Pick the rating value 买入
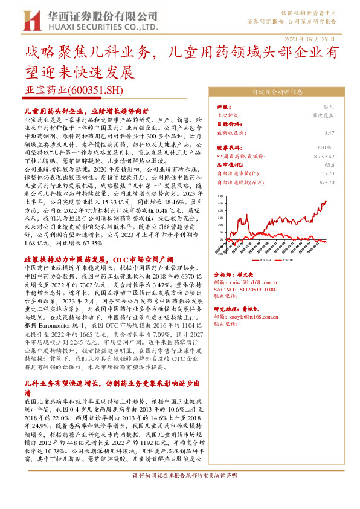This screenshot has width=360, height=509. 329,106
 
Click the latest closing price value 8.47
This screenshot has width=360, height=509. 329,132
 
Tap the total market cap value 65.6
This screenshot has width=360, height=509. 329,164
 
